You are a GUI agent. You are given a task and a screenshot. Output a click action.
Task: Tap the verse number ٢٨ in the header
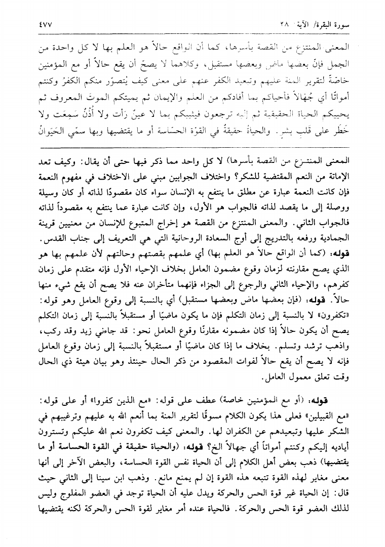tap(285, 23)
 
